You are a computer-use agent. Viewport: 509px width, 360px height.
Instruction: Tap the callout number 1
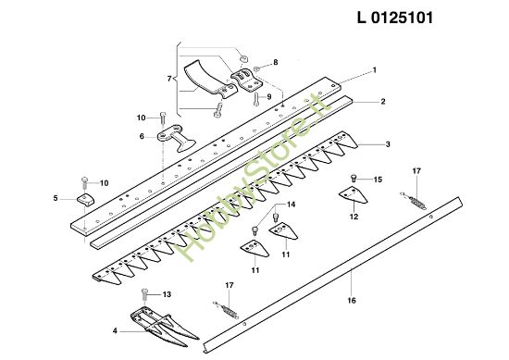tap(374, 70)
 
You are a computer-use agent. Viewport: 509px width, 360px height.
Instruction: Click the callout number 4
tap(114, 329)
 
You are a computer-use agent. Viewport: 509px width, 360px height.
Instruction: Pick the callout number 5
tap(56, 197)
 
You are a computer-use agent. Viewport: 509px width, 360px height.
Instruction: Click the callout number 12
tap(354, 217)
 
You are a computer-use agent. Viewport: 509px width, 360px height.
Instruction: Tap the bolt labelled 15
tap(353, 179)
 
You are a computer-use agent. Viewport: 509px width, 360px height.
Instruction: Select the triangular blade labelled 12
tap(352, 197)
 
